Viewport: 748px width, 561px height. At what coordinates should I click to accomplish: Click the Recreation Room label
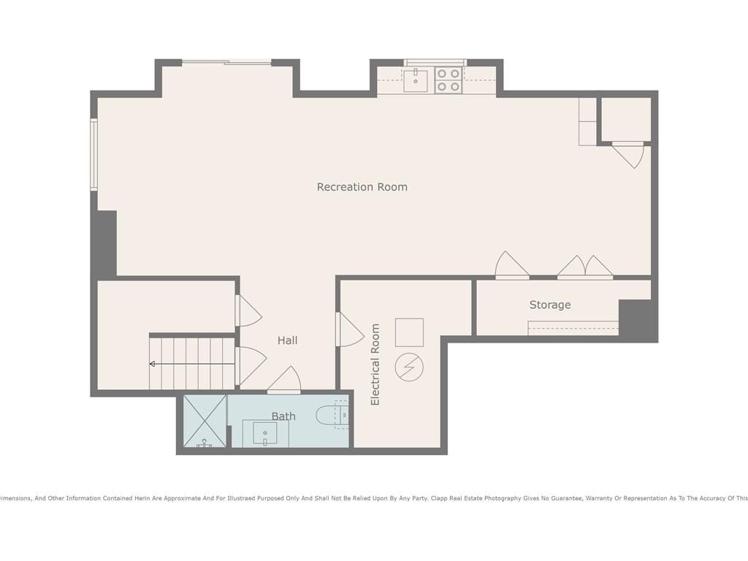(362, 187)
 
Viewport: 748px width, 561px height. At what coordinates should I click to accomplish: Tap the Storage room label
(550, 305)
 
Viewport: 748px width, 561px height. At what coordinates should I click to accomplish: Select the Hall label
(287, 340)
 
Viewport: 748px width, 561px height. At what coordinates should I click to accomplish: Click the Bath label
(283, 416)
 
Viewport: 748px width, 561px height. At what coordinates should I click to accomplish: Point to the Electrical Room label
(375, 365)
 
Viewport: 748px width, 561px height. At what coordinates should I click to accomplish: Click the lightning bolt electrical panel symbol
(409, 367)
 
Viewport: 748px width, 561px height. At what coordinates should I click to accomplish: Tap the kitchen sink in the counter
(416, 80)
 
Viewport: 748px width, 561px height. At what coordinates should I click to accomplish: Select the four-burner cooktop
(449, 80)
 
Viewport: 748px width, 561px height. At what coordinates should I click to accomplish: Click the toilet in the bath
(332, 415)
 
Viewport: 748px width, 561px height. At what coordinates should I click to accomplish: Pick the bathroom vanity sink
(265, 434)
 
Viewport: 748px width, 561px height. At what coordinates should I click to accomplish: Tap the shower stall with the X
(205, 421)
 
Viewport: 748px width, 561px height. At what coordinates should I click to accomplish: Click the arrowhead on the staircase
(152, 364)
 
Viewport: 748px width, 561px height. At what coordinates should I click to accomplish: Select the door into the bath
(284, 380)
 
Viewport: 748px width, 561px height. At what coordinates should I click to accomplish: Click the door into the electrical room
(350, 329)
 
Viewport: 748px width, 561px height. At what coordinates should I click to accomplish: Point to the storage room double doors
(585, 267)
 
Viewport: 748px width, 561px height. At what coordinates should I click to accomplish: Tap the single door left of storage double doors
(512, 264)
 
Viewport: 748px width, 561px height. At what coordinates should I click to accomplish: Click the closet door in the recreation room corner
(630, 155)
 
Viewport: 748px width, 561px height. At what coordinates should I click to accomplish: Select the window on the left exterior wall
(94, 155)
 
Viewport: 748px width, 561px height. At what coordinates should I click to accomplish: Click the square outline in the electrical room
(409, 332)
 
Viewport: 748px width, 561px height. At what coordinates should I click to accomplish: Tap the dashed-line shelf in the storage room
(573, 328)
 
